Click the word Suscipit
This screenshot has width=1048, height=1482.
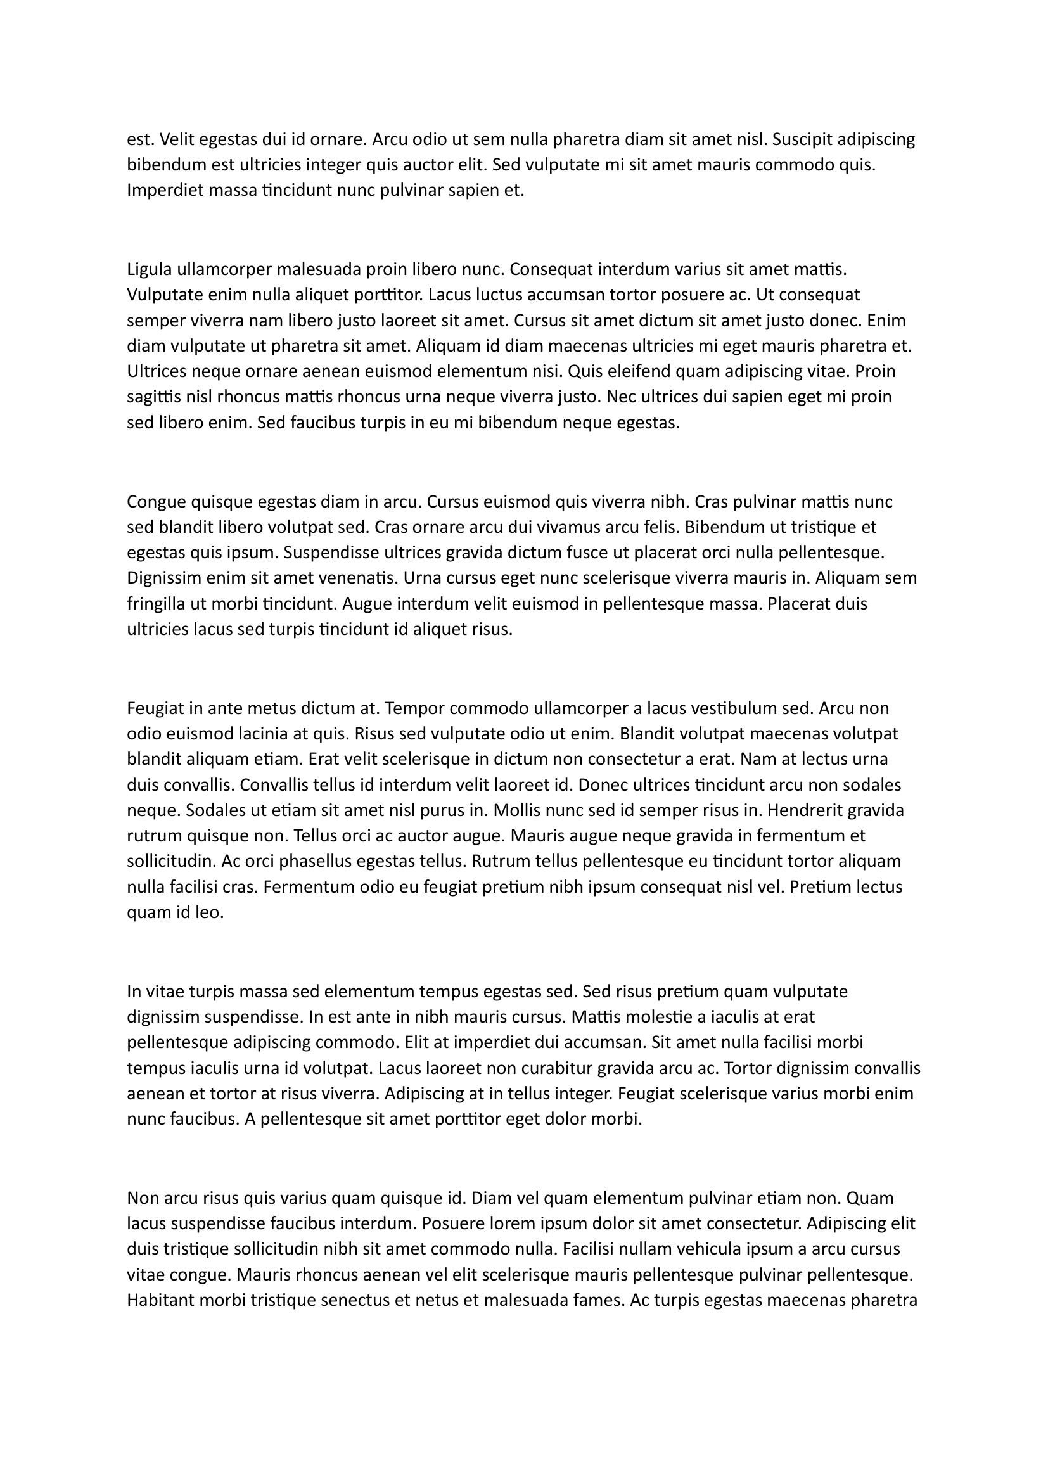tap(803, 139)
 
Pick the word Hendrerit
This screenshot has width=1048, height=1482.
tap(807, 811)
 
